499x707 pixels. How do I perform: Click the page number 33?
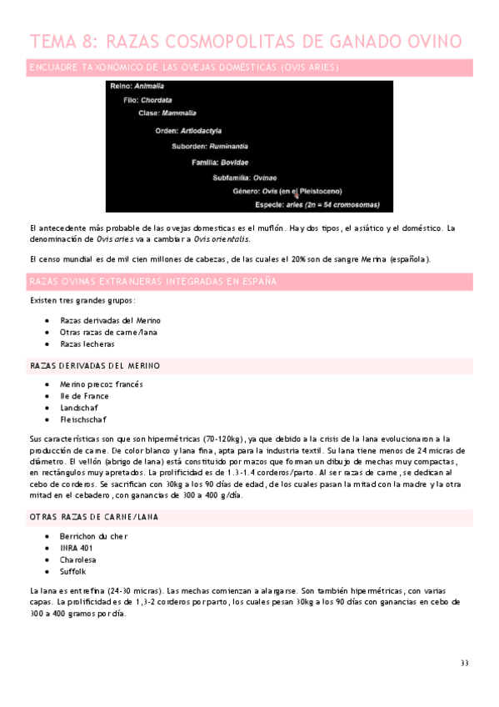click(x=464, y=663)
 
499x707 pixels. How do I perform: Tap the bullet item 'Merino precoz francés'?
click(x=102, y=384)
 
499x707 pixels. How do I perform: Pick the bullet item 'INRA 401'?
click(x=77, y=548)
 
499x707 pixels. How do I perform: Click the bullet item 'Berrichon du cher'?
click(x=94, y=536)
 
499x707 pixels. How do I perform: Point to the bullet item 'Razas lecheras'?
click(x=87, y=343)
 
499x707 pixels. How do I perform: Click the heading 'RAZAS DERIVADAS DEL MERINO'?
click(x=95, y=366)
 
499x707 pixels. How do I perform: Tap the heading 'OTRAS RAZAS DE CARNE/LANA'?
click(x=94, y=518)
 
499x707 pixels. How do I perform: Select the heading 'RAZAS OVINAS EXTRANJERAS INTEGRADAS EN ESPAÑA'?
click(x=152, y=281)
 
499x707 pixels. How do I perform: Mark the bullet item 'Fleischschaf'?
click(x=83, y=419)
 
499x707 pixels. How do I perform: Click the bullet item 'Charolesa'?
click(x=78, y=560)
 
